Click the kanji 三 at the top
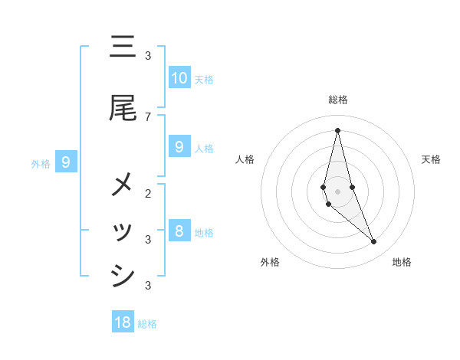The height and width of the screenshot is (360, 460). point(123,47)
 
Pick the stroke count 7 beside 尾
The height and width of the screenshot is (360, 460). point(148,116)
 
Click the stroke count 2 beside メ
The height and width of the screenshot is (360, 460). point(148,193)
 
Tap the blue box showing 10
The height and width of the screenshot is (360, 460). point(179,77)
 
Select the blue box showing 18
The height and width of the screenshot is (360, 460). point(123,322)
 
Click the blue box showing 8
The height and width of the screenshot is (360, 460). point(179,231)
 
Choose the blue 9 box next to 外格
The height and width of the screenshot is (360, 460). point(67,162)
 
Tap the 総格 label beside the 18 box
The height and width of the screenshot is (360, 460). point(148,324)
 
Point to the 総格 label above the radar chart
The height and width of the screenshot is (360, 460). point(338,100)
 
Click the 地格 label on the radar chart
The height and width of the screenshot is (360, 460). point(402,262)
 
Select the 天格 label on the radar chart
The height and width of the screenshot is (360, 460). point(431,159)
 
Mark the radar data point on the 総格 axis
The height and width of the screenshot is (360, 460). point(337,129)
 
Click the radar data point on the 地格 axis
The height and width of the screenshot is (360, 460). point(373,242)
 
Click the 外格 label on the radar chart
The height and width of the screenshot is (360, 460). point(270,262)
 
